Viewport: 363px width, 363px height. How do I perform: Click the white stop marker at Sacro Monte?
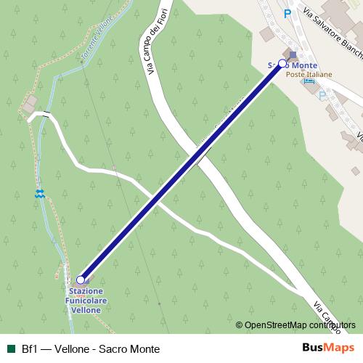tap(282, 64)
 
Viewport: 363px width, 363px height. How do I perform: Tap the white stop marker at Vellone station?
tap(80, 280)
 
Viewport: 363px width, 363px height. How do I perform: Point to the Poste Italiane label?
tap(309, 74)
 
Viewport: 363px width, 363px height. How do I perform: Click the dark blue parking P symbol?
tap(287, 13)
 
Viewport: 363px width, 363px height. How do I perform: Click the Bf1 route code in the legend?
tap(30, 348)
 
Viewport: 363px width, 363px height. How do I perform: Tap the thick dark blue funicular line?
tap(181, 171)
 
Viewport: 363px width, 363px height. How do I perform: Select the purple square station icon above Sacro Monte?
tap(293, 54)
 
